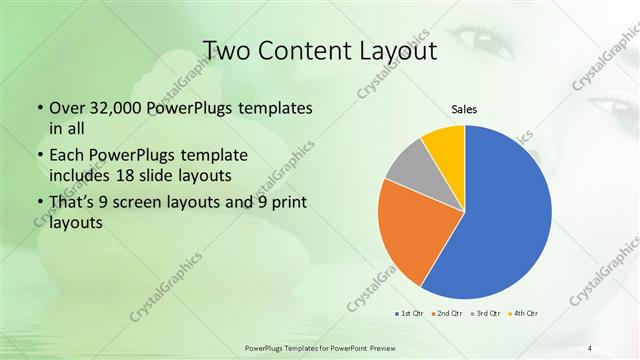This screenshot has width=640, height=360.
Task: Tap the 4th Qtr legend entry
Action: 524,314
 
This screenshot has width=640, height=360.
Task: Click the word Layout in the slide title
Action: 398,49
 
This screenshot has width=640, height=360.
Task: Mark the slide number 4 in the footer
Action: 590,347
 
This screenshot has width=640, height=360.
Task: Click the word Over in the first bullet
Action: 67,108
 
